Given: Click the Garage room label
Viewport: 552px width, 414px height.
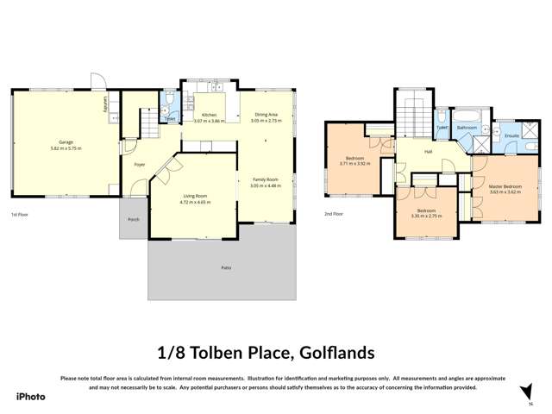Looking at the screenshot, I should click(x=65, y=141).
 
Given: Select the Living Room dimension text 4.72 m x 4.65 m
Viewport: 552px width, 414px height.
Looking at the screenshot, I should click(x=194, y=202).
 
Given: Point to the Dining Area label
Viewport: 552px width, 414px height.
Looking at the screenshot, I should click(x=266, y=115).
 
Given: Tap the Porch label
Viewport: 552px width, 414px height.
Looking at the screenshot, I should click(x=134, y=219).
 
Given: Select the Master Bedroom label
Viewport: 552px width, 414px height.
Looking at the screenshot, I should click(x=505, y=186).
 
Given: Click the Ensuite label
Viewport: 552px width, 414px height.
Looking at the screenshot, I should click(x=511, y=136).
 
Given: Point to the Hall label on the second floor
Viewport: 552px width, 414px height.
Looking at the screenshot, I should click(x=428, y=152).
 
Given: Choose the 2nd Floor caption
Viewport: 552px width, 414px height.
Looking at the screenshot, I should click(x=334, y=214).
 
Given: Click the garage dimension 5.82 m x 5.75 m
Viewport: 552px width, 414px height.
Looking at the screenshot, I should click(x=65, y=147).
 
